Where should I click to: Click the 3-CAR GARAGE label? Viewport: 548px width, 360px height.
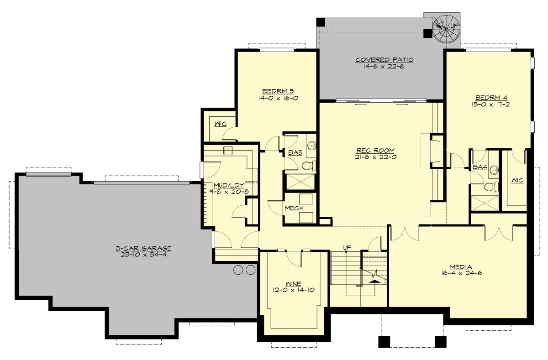tap(143, 249)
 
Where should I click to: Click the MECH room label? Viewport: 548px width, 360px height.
tap(294, 208)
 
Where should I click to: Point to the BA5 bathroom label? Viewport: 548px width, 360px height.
tap(295, 153)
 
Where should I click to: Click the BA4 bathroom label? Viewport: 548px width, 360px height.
tap(479, 167)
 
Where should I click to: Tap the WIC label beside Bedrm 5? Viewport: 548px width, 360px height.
tap(218, 123)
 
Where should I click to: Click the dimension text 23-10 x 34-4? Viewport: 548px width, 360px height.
tap(143, 255)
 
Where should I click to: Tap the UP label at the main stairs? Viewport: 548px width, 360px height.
tap(347, 247)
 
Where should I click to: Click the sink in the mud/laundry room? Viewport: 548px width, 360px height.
tap(227, 150)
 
